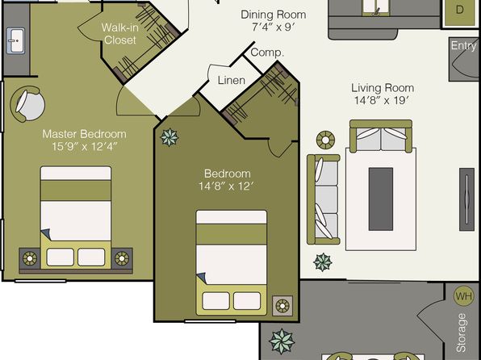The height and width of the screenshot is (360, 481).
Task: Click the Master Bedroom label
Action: click(84, 134)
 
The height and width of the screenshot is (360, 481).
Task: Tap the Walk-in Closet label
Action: click(120, 34)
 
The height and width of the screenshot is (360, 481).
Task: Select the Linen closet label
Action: click(232, 81)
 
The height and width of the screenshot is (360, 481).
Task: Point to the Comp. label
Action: click(267, 52)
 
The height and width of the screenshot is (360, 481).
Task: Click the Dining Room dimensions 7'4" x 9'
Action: click(273, 27)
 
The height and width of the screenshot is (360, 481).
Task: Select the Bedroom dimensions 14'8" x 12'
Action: click(226, 186)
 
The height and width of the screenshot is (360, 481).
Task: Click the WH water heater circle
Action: click(463, 296)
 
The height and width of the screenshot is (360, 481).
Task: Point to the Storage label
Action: click(462, 333)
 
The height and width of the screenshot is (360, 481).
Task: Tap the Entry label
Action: click(464, 46)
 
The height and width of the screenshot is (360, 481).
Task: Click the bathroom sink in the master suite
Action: click(15, 41)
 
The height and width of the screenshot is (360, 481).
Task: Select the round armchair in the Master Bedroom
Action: click(27, 104)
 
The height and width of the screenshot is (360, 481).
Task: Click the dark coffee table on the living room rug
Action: click(381, 199)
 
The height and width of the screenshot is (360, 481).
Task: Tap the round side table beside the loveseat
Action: click(325, 140)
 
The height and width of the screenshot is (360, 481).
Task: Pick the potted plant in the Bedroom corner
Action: click(169, 137)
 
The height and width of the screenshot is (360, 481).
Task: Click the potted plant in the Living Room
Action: click(323, 262)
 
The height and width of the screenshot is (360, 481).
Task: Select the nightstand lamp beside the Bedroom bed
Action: click(282, 306)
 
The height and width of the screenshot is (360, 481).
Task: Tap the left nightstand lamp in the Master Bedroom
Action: click(29, 258)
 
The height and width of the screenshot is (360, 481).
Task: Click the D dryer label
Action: click(459, 10)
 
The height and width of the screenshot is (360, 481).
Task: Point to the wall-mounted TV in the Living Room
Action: click(466, 199)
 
